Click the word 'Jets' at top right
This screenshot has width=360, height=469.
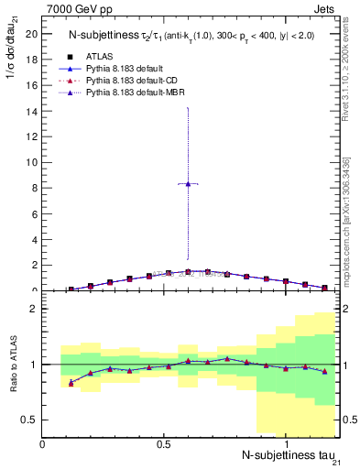[327, 8]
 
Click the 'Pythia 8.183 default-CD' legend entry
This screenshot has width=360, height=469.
[132, 81]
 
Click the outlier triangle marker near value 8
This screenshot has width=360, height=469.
[188, 183]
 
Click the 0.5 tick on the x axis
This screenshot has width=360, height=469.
[164, 443]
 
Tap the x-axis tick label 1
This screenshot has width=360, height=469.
[286, 443]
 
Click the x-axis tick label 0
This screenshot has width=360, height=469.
[43, 443]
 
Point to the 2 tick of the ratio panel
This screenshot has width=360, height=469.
[33, 309]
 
